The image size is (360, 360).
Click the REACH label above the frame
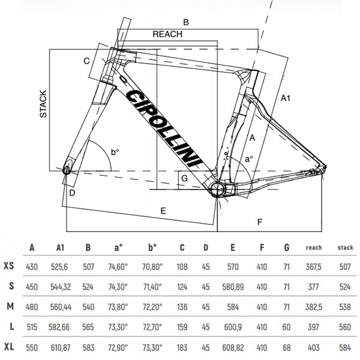[167, 34]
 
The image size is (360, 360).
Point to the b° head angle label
[115, 153]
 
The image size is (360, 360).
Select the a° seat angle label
[248, 159]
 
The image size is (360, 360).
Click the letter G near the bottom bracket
[185, 179]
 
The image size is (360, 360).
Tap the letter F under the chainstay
[260, 222]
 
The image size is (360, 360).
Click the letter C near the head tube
[86, 61]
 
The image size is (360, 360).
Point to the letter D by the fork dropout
[72, 193]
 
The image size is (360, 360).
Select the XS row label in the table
[10, 266]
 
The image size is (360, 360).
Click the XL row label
[10, 347]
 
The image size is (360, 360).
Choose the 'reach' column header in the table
[314, 247]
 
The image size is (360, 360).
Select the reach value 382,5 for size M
[314, 307]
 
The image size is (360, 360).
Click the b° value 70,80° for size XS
[152, 266]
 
